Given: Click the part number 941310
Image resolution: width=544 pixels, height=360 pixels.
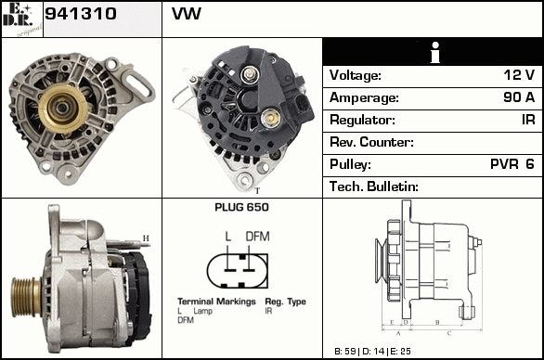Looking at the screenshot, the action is coord(81,14).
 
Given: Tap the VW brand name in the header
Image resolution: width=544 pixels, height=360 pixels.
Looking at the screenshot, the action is coord(187,14).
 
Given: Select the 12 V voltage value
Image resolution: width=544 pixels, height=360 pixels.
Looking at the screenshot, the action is coord(519,74).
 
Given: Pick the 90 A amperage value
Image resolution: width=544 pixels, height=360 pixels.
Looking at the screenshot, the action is coord(519,97).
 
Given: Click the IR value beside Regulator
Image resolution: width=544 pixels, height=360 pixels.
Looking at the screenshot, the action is coord(528,120).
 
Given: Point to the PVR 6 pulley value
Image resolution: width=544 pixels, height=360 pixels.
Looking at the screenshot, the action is coord(512,163).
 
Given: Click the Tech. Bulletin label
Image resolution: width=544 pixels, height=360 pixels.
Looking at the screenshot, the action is coord(374,186).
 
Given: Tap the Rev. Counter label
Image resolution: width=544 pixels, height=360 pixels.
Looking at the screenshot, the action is coord(371,142).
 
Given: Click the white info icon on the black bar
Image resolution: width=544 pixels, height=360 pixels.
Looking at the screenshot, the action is coord(435,52).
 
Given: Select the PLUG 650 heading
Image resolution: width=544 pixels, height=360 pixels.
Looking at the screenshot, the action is coord(241,207).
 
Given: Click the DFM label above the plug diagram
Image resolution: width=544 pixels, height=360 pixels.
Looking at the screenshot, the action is coord(257,237).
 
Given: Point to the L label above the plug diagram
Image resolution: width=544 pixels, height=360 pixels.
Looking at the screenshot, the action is coord(228,237).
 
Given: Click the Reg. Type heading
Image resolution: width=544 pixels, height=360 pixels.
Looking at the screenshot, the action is coord(286,302).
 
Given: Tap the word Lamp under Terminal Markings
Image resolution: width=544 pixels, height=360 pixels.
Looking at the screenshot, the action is coord(203,311).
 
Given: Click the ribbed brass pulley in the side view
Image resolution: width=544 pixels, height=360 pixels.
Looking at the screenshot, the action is coord(26,297).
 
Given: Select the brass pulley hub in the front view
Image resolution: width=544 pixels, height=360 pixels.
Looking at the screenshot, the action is coord(63,109).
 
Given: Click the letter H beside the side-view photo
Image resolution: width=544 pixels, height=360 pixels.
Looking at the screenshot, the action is coord(146,238).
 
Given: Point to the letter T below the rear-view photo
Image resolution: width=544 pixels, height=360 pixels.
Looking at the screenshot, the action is coord(257,191).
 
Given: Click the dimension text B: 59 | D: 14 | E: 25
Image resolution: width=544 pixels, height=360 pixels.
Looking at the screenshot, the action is coord(372,352).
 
